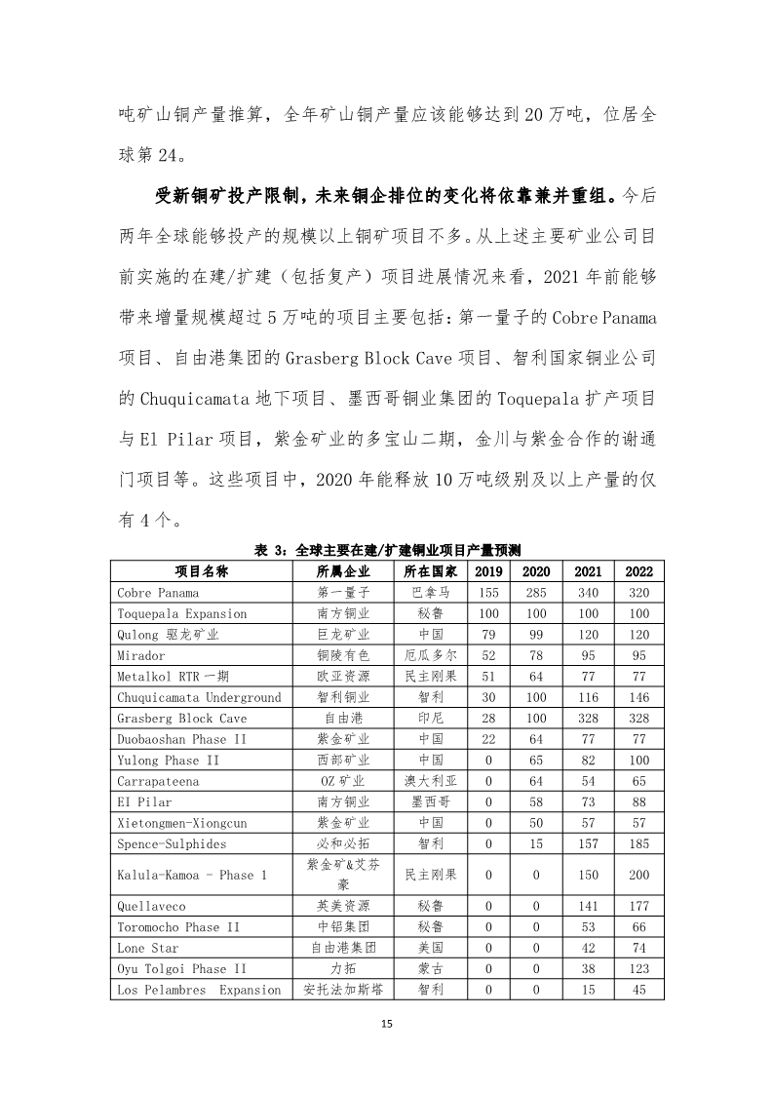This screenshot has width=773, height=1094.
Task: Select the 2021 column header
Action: coord(588,571)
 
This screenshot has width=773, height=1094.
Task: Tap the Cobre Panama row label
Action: coord(158,593)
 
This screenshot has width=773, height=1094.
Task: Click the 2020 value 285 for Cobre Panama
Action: coord(536,593)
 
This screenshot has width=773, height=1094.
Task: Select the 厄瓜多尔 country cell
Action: coord(430,655)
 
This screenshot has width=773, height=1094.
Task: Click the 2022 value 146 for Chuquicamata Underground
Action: coord(639,697)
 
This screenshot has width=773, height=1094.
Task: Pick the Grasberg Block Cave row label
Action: coord(182,719)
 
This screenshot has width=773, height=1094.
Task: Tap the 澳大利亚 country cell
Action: coord(430,781)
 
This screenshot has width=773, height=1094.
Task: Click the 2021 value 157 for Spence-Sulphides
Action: coord(588,843)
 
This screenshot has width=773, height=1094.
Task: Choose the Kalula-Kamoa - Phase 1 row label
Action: coord(192,875)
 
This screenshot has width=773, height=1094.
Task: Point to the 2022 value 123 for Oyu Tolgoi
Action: coord(639,968)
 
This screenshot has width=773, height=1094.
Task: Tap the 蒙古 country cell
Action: coord(430,968)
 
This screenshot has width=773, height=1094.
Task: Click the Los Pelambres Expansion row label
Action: coord(199,990)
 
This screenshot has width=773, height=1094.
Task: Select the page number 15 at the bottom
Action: coord(387,1024)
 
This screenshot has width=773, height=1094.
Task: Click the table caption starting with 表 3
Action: coord(387,551)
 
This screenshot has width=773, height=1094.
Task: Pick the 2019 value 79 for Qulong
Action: coord(488,635)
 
